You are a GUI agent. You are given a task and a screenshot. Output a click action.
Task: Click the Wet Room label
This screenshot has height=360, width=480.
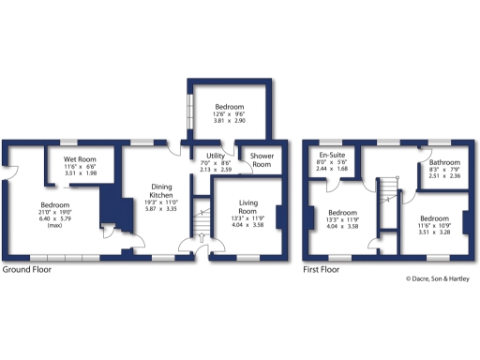pyautogui.click(x=81, y=158)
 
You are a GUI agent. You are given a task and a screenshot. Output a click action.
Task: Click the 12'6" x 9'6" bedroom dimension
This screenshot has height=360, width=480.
pyautogui.click(x=229, y=114)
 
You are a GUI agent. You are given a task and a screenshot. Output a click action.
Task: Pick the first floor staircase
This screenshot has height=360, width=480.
pyautogui.click(x=386, y=197)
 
